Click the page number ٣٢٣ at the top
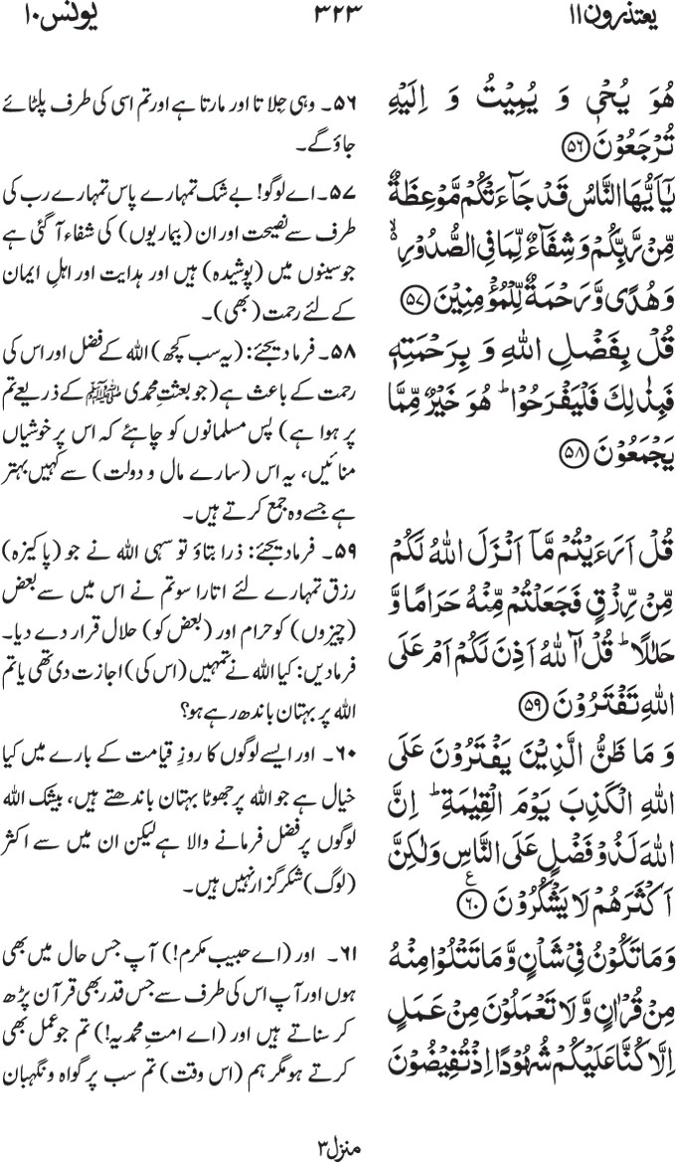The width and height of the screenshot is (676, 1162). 339,17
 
